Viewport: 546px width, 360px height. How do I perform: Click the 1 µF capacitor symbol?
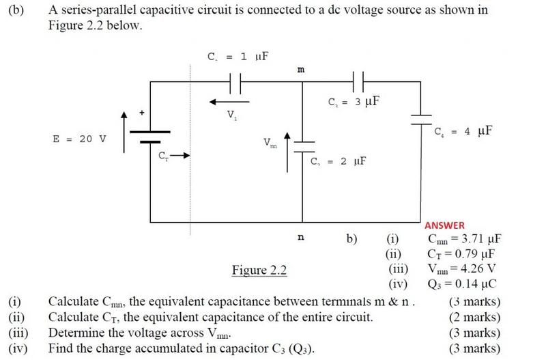(235, 83)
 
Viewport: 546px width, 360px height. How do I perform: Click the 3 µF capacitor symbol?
(358, 82)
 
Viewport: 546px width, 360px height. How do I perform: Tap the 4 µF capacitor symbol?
(421, 120)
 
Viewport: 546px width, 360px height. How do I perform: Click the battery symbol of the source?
(150, 137)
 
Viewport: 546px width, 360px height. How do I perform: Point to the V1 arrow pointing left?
(229, 102)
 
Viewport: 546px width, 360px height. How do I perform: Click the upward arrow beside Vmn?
(287, 152)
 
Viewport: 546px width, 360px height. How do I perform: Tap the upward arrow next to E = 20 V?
(124, 132)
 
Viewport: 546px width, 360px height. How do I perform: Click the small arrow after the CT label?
(179, 156)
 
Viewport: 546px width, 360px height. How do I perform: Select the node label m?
(301, 70)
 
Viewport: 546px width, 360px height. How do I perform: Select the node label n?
(301, 237)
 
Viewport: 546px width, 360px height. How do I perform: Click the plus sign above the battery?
(142, 113)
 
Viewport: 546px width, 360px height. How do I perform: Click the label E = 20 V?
(79, 139)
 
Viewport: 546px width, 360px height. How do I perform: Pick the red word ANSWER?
(445, 226)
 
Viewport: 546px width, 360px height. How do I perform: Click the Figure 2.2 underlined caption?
(259, 270)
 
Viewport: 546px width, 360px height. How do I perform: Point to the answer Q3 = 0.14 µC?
(462, 284)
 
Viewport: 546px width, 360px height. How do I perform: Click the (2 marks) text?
(474, 318)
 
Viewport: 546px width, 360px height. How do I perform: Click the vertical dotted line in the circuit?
(190, 150)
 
